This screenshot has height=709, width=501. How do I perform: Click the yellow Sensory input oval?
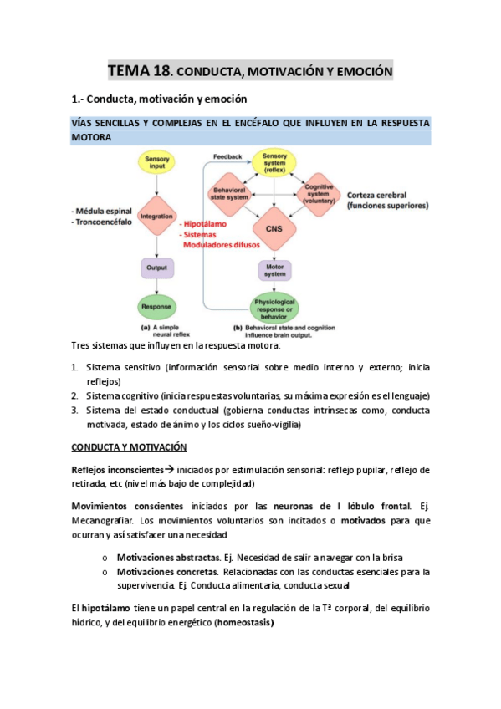point(157,164)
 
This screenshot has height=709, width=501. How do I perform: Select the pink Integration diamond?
point(156,216)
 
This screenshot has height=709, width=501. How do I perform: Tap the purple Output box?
point(157,268)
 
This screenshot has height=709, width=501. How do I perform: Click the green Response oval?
point(157,307)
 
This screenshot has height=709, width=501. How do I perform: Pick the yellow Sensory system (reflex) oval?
point(274,163)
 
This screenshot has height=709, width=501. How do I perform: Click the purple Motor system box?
point(274,269)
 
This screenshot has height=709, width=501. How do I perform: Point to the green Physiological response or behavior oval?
point(274,307)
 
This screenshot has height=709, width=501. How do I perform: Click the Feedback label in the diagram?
point(227,156)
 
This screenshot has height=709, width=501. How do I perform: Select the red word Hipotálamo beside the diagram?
point(205,225)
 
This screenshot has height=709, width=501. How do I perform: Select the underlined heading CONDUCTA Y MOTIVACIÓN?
point(129,447)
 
